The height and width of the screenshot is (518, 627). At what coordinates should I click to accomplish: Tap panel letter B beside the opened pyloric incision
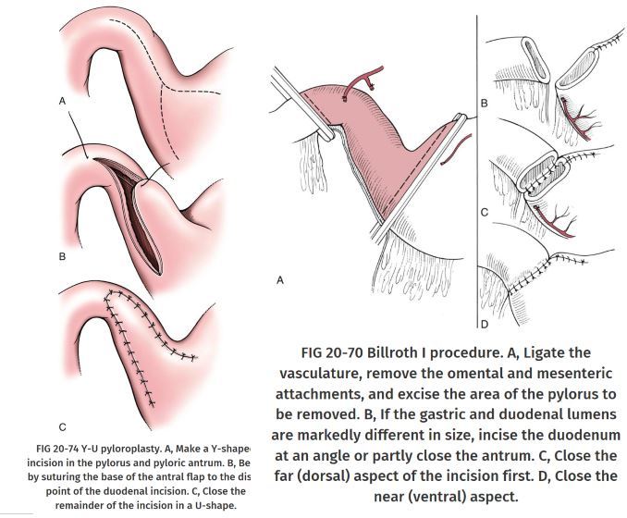(62, 255)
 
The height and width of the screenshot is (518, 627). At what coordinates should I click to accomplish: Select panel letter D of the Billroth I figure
(484, 324)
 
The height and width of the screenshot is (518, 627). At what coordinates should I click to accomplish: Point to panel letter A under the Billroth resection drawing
(280, 279)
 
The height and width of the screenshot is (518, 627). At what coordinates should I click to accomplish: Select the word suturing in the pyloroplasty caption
(66, 477)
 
